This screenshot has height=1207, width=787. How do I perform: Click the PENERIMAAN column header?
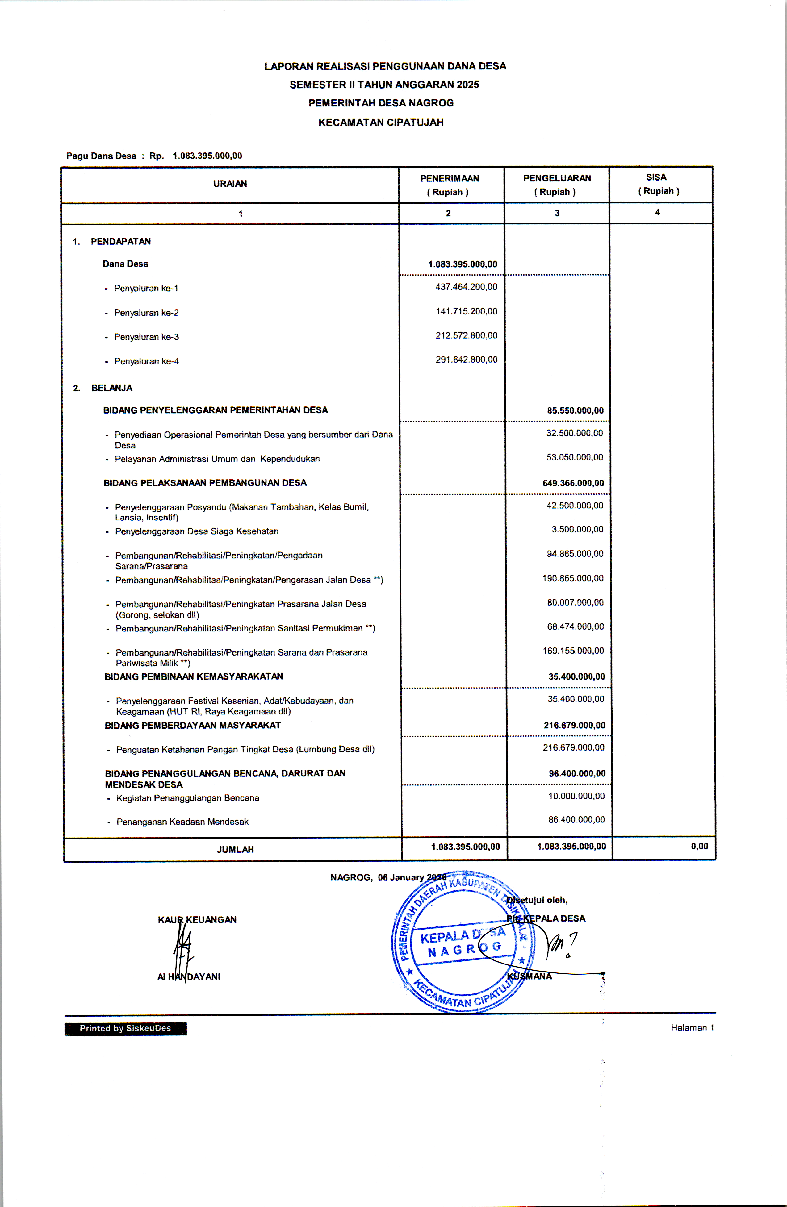(450, 178)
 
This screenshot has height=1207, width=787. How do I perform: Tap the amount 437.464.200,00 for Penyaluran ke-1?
(466, 287)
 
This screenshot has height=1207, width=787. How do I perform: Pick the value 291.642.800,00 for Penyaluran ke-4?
(466, 360)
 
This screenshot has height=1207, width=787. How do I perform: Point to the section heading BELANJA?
(112, 388)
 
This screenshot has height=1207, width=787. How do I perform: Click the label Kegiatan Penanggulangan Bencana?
(188, 798)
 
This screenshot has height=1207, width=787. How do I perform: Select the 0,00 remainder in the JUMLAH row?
(699, 846)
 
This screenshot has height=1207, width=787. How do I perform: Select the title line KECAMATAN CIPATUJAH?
(381, 122)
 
